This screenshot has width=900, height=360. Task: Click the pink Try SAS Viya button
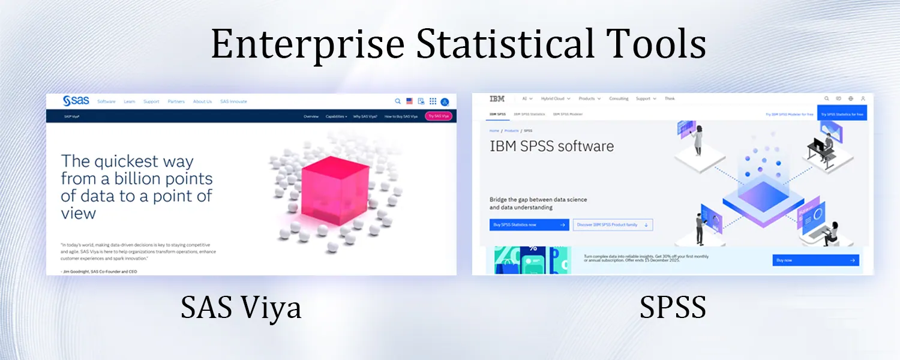click(438, 116)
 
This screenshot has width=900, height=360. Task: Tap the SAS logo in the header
click(76, 101)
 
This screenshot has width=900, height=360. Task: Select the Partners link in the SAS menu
click(176, 102)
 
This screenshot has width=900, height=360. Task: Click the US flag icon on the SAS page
click(409, 101)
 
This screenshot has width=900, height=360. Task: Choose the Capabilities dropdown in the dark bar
click(336, 116)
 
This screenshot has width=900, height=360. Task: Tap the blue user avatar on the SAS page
click(445, 102)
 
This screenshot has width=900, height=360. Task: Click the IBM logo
click(497, 98)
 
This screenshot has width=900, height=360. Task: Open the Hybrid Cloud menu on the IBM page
click(555, 98)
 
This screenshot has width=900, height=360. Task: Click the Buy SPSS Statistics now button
click(529, 225)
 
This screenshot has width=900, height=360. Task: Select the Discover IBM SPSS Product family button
click(613, 225)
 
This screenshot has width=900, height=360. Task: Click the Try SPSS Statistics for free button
click(842, 114)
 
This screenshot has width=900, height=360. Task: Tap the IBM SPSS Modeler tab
click(568, 114)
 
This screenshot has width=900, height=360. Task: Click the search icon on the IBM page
click(826, 98)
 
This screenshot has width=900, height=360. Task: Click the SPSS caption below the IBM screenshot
click(673, 308)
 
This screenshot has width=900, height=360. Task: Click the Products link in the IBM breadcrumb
click(511, 130)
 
